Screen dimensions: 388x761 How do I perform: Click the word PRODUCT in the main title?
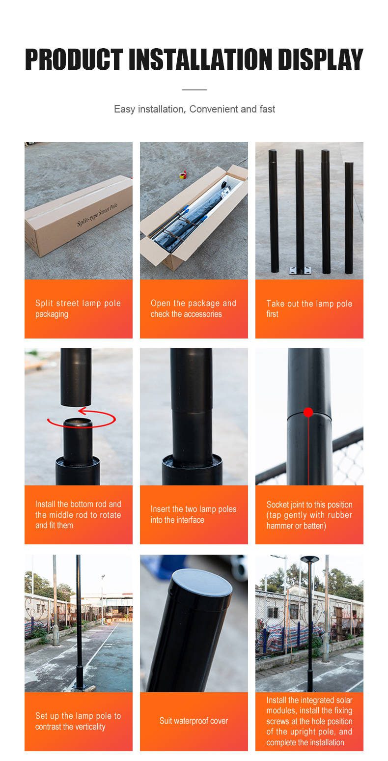point(74,59)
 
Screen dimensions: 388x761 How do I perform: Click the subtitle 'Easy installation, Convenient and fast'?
point(194,109)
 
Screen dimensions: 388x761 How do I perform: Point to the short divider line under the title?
point(194,90)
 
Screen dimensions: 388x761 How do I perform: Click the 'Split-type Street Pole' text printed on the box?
point(97,214)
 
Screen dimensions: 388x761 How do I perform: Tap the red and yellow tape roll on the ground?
point(183,174)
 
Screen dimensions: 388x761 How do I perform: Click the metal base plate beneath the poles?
point(300,270)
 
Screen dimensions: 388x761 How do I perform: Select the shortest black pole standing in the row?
point(349,218)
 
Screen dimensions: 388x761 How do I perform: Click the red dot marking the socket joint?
point(308,412)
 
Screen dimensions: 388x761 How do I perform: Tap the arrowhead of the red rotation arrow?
point(82,412)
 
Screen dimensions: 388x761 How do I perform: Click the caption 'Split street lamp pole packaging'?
point(78,309)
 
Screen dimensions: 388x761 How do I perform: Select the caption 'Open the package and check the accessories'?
point(194,309)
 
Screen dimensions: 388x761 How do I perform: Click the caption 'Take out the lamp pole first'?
point(309,309)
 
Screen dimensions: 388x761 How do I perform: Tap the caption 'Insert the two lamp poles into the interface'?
point(194,514)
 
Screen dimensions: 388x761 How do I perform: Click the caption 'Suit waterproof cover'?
point(194,721)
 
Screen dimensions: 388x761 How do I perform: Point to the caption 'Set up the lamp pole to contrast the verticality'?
point(78,721)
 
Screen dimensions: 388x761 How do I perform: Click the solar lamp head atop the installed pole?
point(309,559)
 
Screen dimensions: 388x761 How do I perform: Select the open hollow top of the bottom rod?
point(78,423)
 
